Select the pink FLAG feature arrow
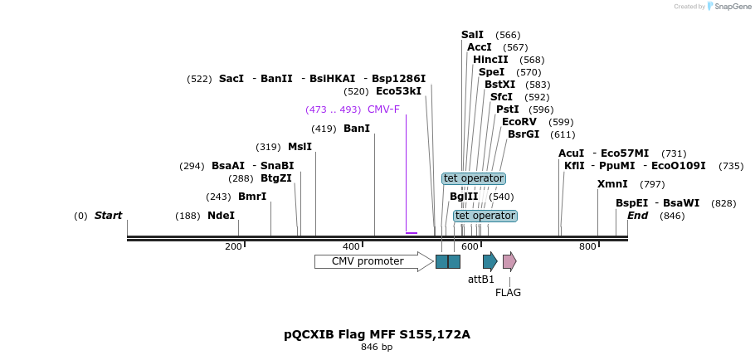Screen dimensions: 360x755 tap(509, 261)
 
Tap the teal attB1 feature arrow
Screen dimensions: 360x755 tap(490, 261)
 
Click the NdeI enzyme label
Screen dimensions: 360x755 tap(221, 216)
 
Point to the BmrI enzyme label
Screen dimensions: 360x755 tap(252, 197)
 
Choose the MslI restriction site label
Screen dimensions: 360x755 tap(300, 147)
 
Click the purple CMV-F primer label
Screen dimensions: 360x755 tap(383, 109)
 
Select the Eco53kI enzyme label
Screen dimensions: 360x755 tap(398, 91)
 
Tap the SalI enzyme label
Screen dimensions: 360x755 tap(472, 35)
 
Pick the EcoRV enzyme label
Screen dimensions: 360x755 tap(519, 122)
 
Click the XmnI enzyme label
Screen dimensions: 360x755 tap(612, 184)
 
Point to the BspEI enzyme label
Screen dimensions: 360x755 tap(631, 203)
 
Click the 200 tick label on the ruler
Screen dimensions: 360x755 tap(233, 246)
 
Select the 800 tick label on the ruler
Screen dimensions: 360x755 tap(587, 246)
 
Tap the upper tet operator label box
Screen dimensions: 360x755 tap(474, 178)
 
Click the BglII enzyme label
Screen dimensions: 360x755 tap(464, 197)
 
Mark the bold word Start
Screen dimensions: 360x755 tap(108, 216)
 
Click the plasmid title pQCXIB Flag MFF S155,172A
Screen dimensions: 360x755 tap(377, 334)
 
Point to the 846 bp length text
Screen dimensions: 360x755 tap(377, 347)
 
